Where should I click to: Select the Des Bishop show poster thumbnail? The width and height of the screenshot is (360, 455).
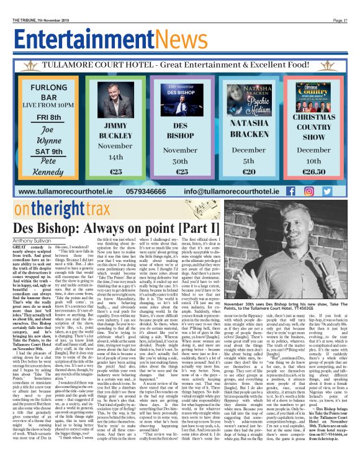(x=163, y=103)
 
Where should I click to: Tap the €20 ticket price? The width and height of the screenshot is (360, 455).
(x=231, y=171)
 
